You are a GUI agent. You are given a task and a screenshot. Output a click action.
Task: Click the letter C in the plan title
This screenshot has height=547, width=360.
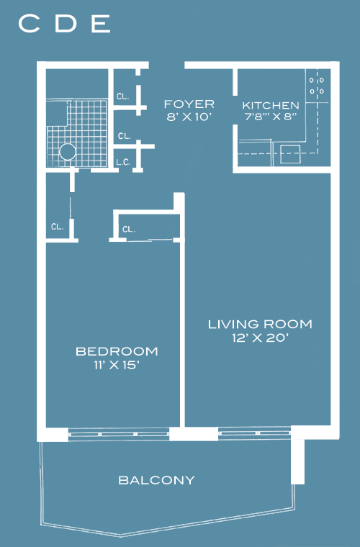tap(29, 24)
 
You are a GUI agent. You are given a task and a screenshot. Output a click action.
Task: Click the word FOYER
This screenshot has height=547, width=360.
tap(189, 104)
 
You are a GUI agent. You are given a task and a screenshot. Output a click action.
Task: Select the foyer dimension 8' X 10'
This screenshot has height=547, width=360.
tap(189, 117)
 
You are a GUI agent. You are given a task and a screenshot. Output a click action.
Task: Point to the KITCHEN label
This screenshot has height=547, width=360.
tap(271, 105)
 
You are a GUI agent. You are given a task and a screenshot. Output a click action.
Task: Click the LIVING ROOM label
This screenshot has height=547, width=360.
tap(260, 324)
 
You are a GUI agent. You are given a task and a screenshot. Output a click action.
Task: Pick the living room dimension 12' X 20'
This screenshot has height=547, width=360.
tap(260, 338)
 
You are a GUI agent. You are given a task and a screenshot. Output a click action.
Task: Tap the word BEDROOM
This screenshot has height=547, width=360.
tap(117, 351)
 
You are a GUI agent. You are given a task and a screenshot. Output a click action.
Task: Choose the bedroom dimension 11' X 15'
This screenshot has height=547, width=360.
tap(117, 365)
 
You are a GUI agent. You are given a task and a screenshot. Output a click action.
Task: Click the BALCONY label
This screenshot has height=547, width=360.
tap(157, 480)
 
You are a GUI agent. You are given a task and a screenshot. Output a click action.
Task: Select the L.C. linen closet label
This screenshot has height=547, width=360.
tap(123, 162)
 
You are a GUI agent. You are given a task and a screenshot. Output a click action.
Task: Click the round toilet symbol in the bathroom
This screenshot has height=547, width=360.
tap(68, 152)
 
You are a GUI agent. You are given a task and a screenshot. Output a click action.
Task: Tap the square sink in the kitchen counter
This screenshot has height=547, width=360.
tap(290, 154)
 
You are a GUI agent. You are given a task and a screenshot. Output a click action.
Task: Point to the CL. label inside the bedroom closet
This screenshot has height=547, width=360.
tap(129, 229)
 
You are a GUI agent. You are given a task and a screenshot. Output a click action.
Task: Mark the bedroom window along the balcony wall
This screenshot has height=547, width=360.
tap(119, 434)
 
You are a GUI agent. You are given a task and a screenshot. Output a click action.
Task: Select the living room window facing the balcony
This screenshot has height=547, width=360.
tap(254, 433)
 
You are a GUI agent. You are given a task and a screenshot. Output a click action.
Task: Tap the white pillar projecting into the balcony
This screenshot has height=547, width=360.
tap(297, 461)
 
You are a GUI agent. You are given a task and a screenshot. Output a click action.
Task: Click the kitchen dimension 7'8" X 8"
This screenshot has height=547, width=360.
tap(271, 117)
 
